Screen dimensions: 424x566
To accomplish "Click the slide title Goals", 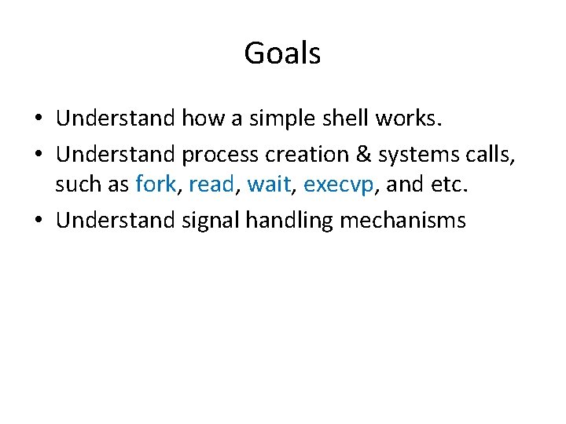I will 282,53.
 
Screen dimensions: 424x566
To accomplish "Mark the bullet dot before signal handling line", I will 38,221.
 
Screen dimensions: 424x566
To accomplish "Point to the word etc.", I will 443,185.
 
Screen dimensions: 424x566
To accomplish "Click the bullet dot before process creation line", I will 38,154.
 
